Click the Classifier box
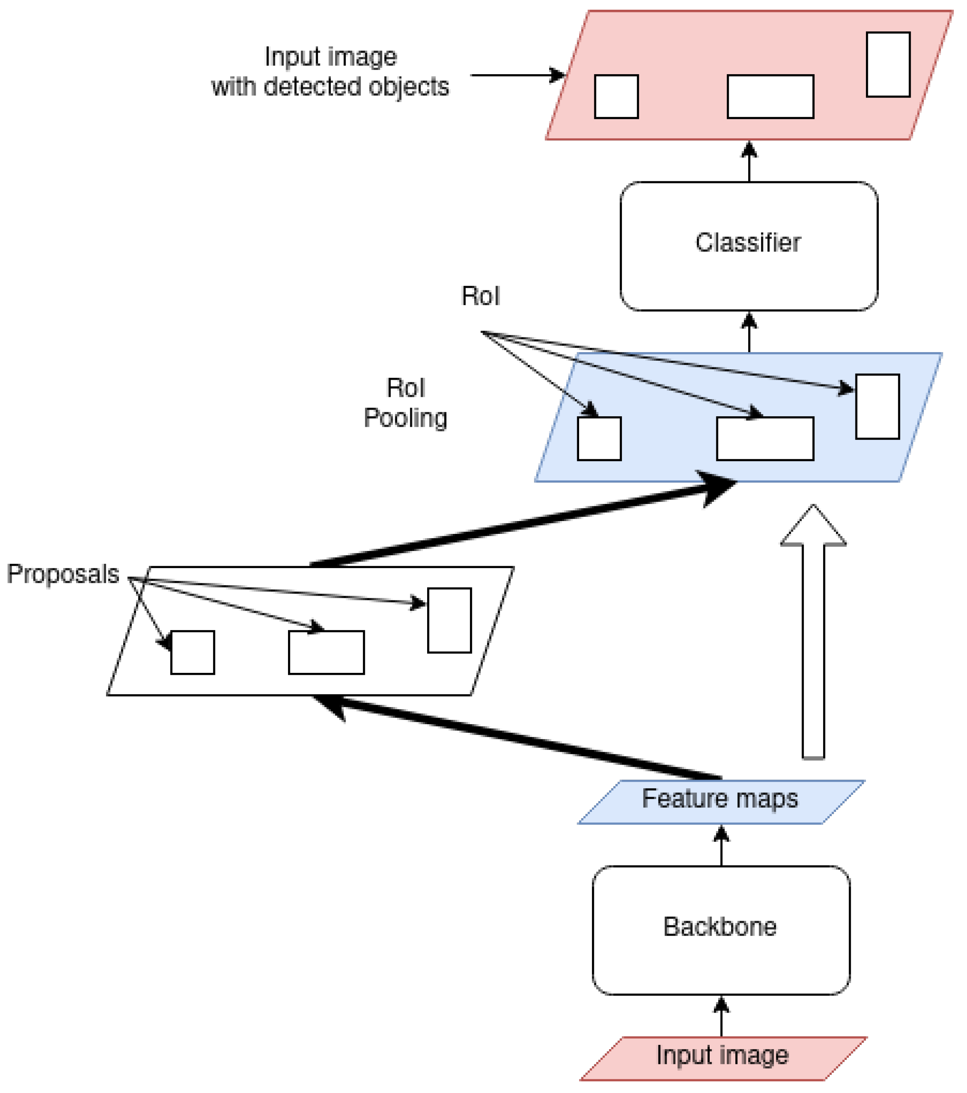[x=748, y=246]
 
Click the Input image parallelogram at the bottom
[x=723, y=1058]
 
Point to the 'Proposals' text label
[x=63, y=574]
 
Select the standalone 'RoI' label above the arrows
[x=480, y=296]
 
